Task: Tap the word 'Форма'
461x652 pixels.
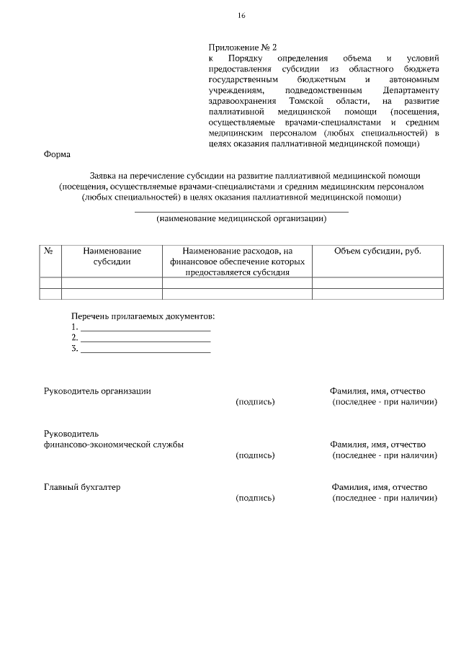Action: click(57, 154)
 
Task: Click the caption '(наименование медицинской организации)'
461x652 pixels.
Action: click(241, 218)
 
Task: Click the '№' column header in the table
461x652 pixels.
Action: click(50, 251)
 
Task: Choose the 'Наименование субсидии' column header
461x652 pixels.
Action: click(112, 256)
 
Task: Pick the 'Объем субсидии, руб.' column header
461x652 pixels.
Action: click(377, 251)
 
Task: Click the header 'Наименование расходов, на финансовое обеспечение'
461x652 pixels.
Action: click(237, 256)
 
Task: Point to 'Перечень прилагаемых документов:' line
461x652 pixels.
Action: click(143, 316)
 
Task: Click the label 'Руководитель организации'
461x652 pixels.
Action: click(97, 390)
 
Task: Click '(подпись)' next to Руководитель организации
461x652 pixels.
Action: click(255, 401)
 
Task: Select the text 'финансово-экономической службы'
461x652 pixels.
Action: click(113, 445)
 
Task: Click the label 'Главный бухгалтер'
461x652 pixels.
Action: click(82, 487)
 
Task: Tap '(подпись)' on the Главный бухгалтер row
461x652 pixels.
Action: click(255, 498)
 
